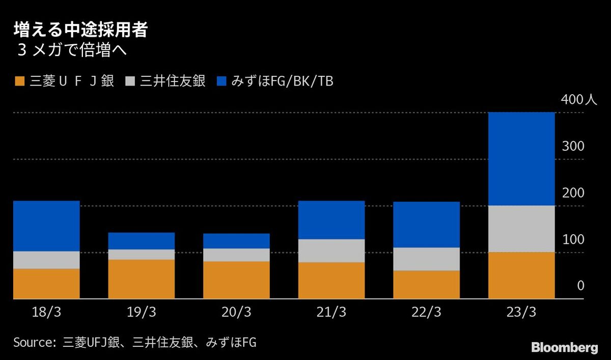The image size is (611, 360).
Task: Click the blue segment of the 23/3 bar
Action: pyautogui.click(x=521, y=159)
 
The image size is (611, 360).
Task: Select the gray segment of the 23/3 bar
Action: pyautogui.click(x=521, y=229)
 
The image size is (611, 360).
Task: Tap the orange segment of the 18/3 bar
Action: pyautogui.click(x=46, y=283)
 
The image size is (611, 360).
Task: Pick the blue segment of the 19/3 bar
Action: pyautogui.click(x=142, y=241)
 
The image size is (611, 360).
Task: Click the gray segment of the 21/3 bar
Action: pyautogui.click(x=331, y=251)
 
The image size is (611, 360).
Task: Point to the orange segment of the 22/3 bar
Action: pyautogui.click(x=426, y=284)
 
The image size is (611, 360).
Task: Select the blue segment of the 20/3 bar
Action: pyautogui.click(x=236, y=241)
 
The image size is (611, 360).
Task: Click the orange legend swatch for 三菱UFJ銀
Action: pyautogui.click(x=19, y=81)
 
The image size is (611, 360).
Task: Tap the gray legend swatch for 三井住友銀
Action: pyautogui.click(x=130, y=81)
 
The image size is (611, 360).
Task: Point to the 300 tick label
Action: pyautogui.click(x=573, y=147)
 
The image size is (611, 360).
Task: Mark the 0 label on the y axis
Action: pyautogui.click(x=580, y=287)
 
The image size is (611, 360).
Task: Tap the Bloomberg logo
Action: pyautogui.click(x=565, y=348)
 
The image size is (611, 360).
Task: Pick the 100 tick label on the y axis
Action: pyautogui.click(x=573, y=240)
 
